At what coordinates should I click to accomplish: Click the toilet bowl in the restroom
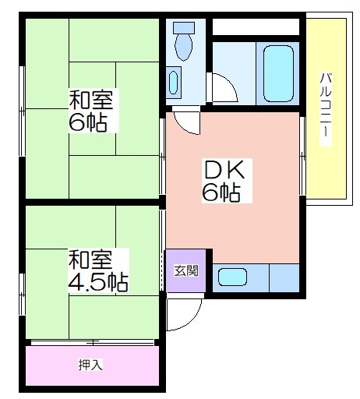[184, 46]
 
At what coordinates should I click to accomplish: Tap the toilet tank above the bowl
[184, 27]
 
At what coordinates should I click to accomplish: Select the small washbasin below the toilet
[173, 83]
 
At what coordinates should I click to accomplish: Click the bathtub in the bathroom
[279, 74]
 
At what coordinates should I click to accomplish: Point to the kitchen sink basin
[232, 277]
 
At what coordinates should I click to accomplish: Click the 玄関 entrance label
[186, 270]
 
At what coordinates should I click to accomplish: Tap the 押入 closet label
[90, 365]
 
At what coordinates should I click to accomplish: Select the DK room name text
[224, 170]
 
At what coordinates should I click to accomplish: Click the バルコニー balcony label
[326, 109]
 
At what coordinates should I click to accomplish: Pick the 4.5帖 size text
[98, 282]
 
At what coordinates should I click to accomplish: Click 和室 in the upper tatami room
[91, 99]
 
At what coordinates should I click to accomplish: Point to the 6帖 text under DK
[221, 193]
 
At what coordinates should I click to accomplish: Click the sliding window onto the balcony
[302, 156]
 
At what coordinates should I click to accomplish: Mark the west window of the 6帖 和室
[23, 111]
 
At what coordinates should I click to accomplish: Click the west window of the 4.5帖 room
[23, 295]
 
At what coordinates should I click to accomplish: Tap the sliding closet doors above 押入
[93, 343]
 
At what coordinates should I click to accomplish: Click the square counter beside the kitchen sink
[284, 278]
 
